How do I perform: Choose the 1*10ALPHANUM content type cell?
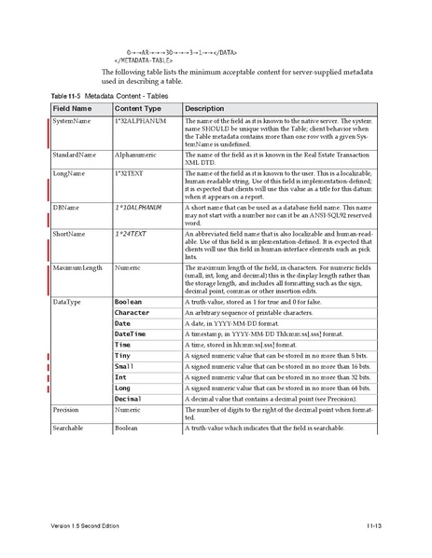coord(138,206)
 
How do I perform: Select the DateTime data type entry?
coord(130,333)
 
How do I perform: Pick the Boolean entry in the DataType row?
coord(128,302)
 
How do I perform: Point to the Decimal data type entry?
coord(129,398)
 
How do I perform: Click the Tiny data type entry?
coord(122,356)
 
